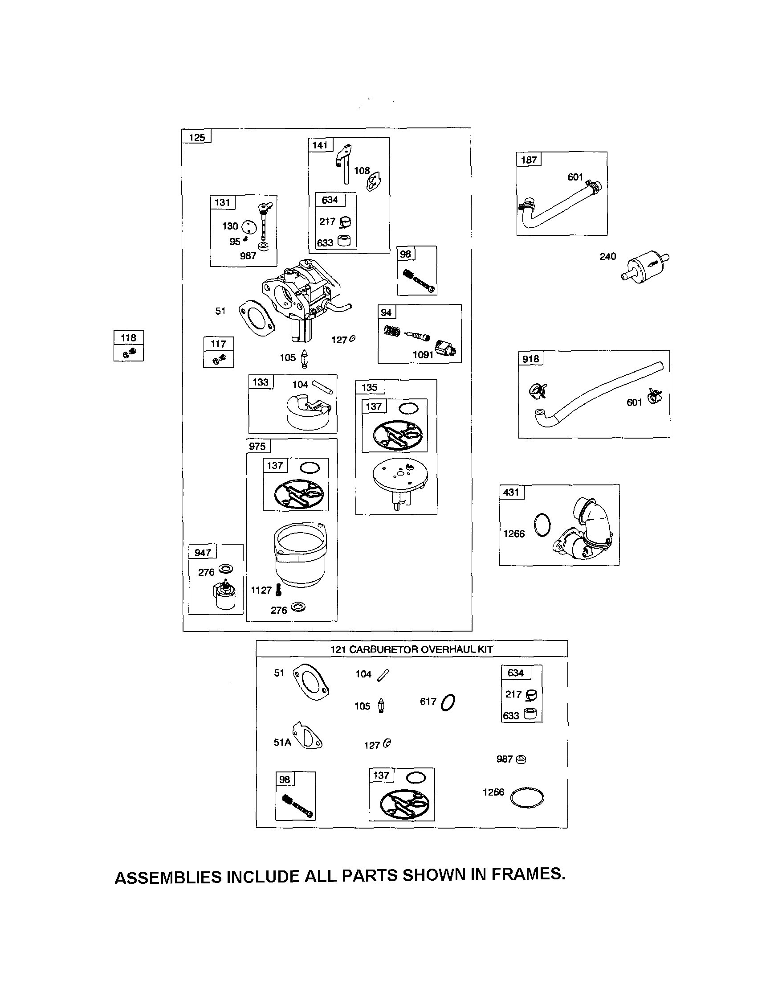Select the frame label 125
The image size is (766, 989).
point(197,137)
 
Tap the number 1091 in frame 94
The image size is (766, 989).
point(423,355)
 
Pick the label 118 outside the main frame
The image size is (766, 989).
point(129,337)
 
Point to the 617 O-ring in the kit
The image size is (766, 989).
point(448,702)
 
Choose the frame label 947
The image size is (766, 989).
point(203,552)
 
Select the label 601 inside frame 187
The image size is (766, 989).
point(575,177)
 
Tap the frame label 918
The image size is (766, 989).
point(531,359)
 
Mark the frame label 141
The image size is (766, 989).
point(320,145)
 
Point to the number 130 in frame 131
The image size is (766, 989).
point(230,226)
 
